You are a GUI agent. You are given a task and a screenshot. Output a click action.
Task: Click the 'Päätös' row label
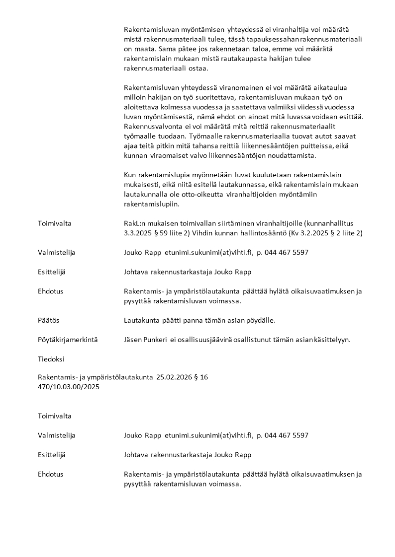pos(48,321)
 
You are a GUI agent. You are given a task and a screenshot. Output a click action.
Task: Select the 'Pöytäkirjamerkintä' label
pos(68,340)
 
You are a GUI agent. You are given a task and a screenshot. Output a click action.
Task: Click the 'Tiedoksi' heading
pos(51,359)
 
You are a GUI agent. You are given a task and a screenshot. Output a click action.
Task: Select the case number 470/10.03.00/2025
pos(69,387)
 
